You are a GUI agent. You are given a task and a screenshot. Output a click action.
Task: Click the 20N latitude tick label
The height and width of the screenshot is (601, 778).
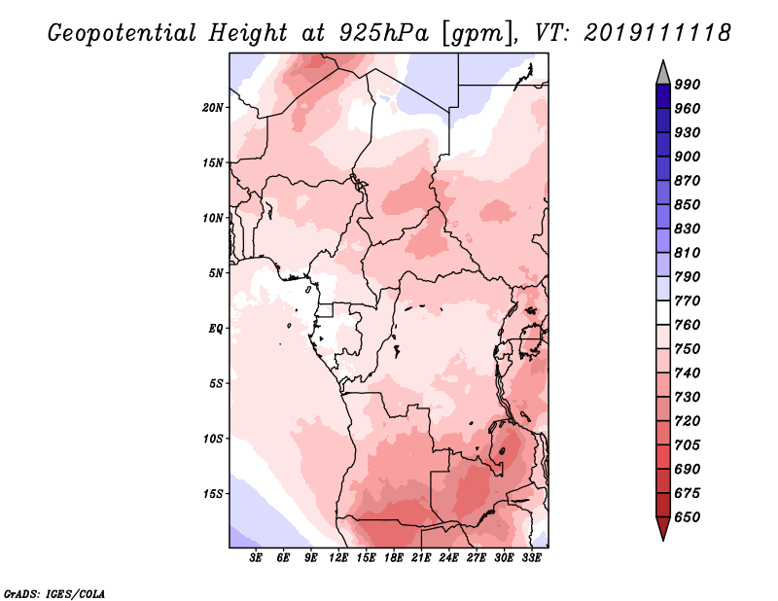coord(214,107)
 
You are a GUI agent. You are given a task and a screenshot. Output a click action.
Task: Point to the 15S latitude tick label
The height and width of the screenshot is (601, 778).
coord(214,493)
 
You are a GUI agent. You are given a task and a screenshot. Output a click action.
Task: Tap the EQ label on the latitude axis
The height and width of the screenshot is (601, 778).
coord(216,328)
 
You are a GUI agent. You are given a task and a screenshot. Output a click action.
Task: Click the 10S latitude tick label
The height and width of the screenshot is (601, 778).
coord(214,438)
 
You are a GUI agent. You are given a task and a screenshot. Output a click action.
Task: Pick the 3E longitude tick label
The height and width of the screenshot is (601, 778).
coord(257,559)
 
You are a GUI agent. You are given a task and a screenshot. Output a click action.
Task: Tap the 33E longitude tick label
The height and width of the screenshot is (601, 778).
coord(531,559)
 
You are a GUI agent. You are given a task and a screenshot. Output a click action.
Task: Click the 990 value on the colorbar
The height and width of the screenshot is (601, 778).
coord(688,85)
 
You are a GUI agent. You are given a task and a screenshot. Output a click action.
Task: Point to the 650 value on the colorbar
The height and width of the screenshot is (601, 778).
coord(688,517)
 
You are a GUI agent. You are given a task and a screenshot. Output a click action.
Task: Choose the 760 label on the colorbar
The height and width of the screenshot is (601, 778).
coord(688,325)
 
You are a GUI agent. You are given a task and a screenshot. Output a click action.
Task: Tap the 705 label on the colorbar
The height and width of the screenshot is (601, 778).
coord(688,445)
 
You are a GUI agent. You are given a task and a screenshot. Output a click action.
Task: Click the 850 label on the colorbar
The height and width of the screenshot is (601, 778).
coord(688,205)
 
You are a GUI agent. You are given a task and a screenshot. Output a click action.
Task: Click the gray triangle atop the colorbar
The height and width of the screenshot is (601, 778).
coord(662,72)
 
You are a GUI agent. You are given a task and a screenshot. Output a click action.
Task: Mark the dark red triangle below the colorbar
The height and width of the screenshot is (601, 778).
coord(662,529)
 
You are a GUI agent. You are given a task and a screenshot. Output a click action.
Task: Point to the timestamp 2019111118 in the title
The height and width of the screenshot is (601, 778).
coord(657,33)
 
